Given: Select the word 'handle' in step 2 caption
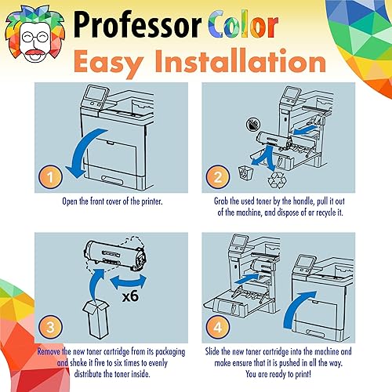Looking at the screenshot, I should tap(328, 200).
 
